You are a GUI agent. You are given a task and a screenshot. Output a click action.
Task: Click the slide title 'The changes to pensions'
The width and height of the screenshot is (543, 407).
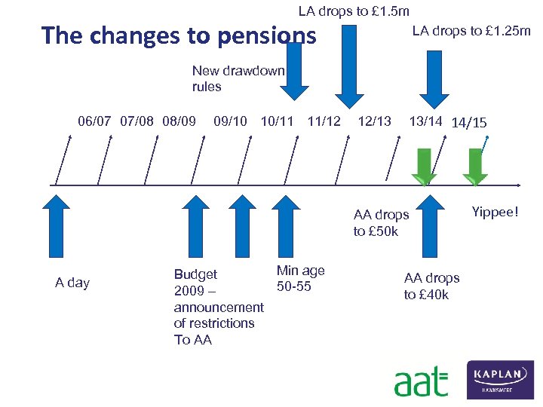pos(179,35)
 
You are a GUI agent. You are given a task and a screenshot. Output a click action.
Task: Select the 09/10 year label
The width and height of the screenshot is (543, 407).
pos(230,121)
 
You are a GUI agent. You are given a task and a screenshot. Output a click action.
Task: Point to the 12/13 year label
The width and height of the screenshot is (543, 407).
pos(374,121)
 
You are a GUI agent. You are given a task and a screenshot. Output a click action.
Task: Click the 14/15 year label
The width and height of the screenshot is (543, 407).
pos(468,123)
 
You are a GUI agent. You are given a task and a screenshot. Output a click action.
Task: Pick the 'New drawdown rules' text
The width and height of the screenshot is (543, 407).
pos(238,78)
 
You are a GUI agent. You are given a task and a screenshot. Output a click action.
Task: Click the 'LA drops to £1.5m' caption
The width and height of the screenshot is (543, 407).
pos(354,11)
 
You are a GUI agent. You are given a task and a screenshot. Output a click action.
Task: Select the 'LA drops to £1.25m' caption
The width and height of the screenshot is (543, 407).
pos(471,31)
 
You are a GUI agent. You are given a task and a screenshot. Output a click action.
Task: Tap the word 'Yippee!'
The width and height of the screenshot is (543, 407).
pos(495,213)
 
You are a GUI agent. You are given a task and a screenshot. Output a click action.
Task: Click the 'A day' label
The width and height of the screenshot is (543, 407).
pos(72,283)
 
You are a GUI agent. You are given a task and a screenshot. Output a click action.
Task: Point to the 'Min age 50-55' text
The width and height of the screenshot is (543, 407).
pos(300,278)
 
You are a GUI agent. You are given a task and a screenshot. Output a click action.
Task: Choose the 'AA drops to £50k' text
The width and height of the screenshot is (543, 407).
pos(381,223)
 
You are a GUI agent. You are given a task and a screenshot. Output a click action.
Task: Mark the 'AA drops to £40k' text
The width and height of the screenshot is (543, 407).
pos(431,286)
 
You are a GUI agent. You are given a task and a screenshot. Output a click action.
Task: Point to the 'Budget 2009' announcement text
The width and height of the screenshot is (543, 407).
pos(218,307)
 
